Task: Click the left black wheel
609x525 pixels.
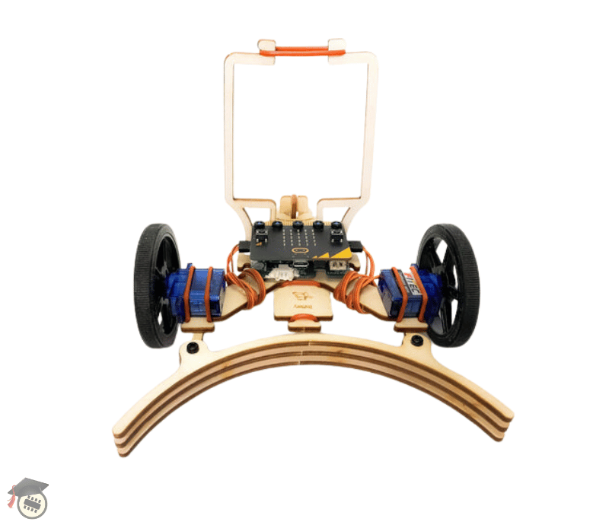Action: click(155, 286)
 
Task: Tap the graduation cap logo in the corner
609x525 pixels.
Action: click(28, 498)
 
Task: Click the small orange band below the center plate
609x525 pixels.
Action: click(304, 325)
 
